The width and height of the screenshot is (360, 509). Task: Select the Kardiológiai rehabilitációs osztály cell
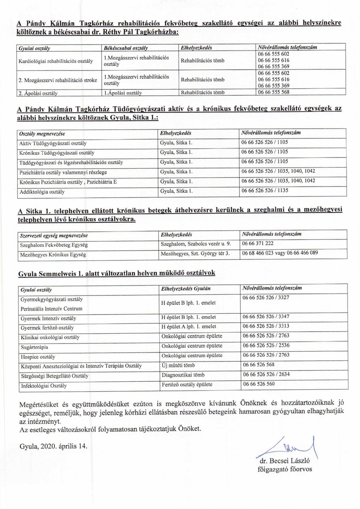tap(56, 61)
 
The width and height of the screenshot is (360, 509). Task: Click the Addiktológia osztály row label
tap(42, 192)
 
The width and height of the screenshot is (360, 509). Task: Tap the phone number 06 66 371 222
tap(257, 244)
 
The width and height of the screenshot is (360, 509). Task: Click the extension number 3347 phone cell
tap(266, 318)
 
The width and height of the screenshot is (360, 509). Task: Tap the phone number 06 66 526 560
tap(259, 385)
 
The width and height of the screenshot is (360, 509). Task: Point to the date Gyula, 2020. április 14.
tap(53, 446)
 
